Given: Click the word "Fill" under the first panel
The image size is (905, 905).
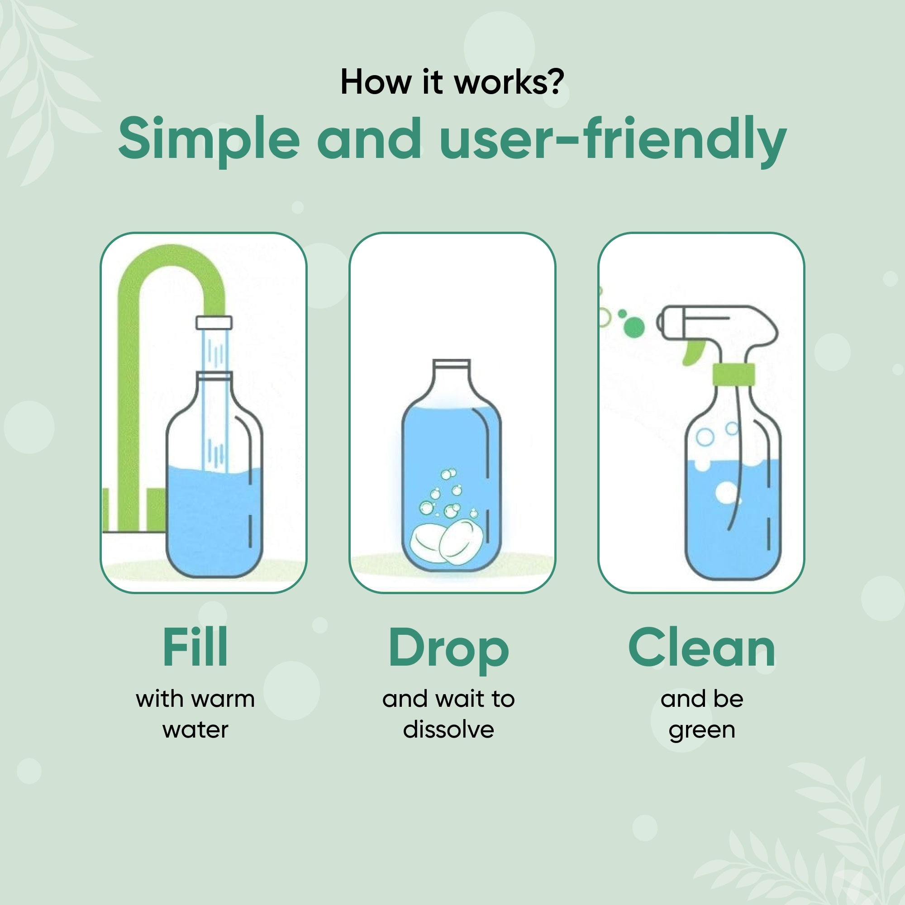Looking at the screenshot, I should click(195, 648).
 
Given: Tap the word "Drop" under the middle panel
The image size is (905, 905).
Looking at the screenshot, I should click(448, 649).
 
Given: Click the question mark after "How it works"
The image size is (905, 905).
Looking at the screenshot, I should click(556, 82).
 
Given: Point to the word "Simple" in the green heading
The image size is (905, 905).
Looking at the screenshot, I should click(209, 139).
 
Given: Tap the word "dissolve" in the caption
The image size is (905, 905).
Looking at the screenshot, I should click(448, 730).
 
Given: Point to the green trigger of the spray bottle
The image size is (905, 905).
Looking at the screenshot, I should click(692, 351).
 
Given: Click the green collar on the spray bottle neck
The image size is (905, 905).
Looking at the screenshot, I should click(733, 374).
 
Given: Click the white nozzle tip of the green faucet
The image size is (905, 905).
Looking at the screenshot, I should click(214, 322).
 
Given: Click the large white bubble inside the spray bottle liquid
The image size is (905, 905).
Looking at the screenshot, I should click(726, 492).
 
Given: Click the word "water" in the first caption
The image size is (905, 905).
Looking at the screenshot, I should click(195, 730).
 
